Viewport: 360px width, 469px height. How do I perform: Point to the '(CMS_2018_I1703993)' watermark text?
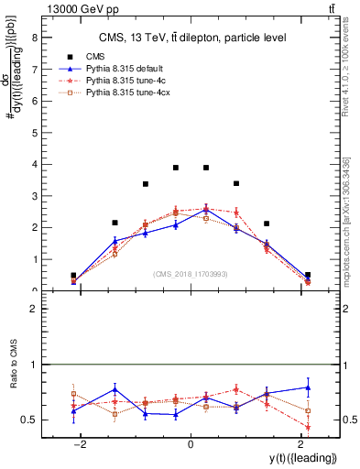click(x=191, y=274)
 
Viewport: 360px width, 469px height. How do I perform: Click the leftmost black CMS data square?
click(x=73, y=275)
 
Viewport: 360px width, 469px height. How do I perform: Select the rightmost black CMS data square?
click(x=308, y=275)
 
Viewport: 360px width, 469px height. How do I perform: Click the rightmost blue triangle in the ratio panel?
click(x=308, y=387)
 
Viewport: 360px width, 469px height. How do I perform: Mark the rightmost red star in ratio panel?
click(x=308, y=427)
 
